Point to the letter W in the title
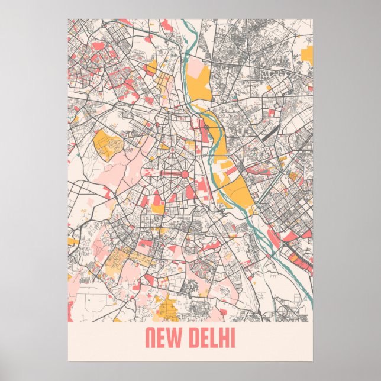175,338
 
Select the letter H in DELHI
224,338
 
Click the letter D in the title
195,338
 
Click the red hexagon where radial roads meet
185,174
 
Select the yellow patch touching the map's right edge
307,55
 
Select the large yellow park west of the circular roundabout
105,144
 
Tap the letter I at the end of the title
233,338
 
